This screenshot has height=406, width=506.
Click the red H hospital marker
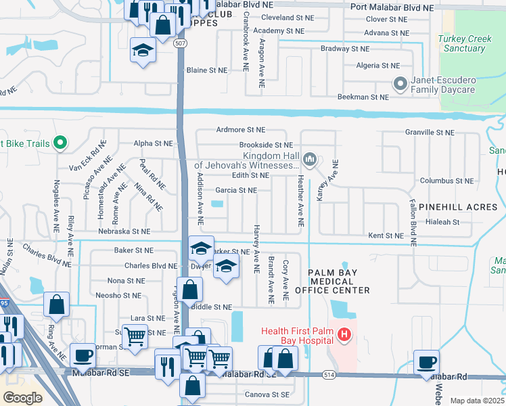(x=344, y=334)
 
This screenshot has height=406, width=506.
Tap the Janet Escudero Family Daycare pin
(x=400, y=84)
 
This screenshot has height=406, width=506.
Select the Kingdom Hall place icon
(x=310, y=160)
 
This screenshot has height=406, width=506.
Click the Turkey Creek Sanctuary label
(x=465, y=43)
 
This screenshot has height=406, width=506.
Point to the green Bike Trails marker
(x=60, y=143)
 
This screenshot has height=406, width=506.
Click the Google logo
(x=22, y=398)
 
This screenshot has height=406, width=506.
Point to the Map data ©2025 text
(x=477, y=401)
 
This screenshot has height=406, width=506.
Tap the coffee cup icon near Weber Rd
(x=426, y=363)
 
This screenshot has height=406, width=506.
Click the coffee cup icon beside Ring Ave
(x=83, y=355)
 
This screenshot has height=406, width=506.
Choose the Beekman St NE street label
(x=363, y=97)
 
